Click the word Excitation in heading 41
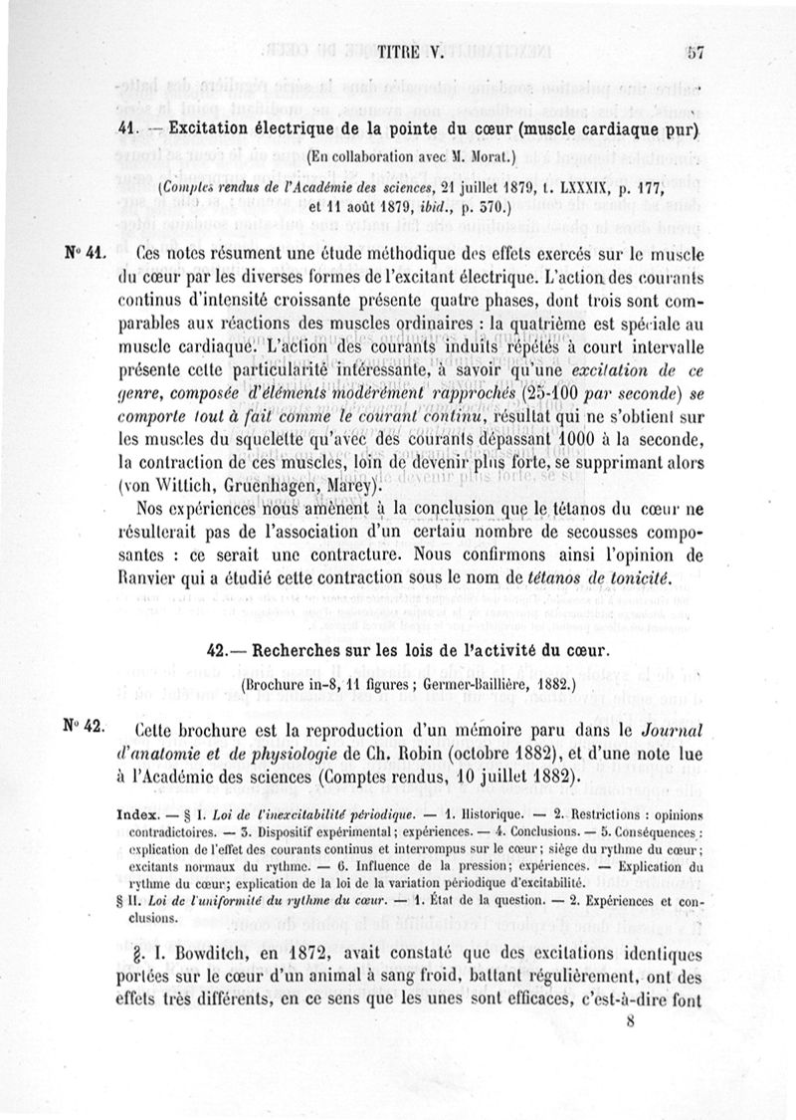(x=217, y=128)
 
